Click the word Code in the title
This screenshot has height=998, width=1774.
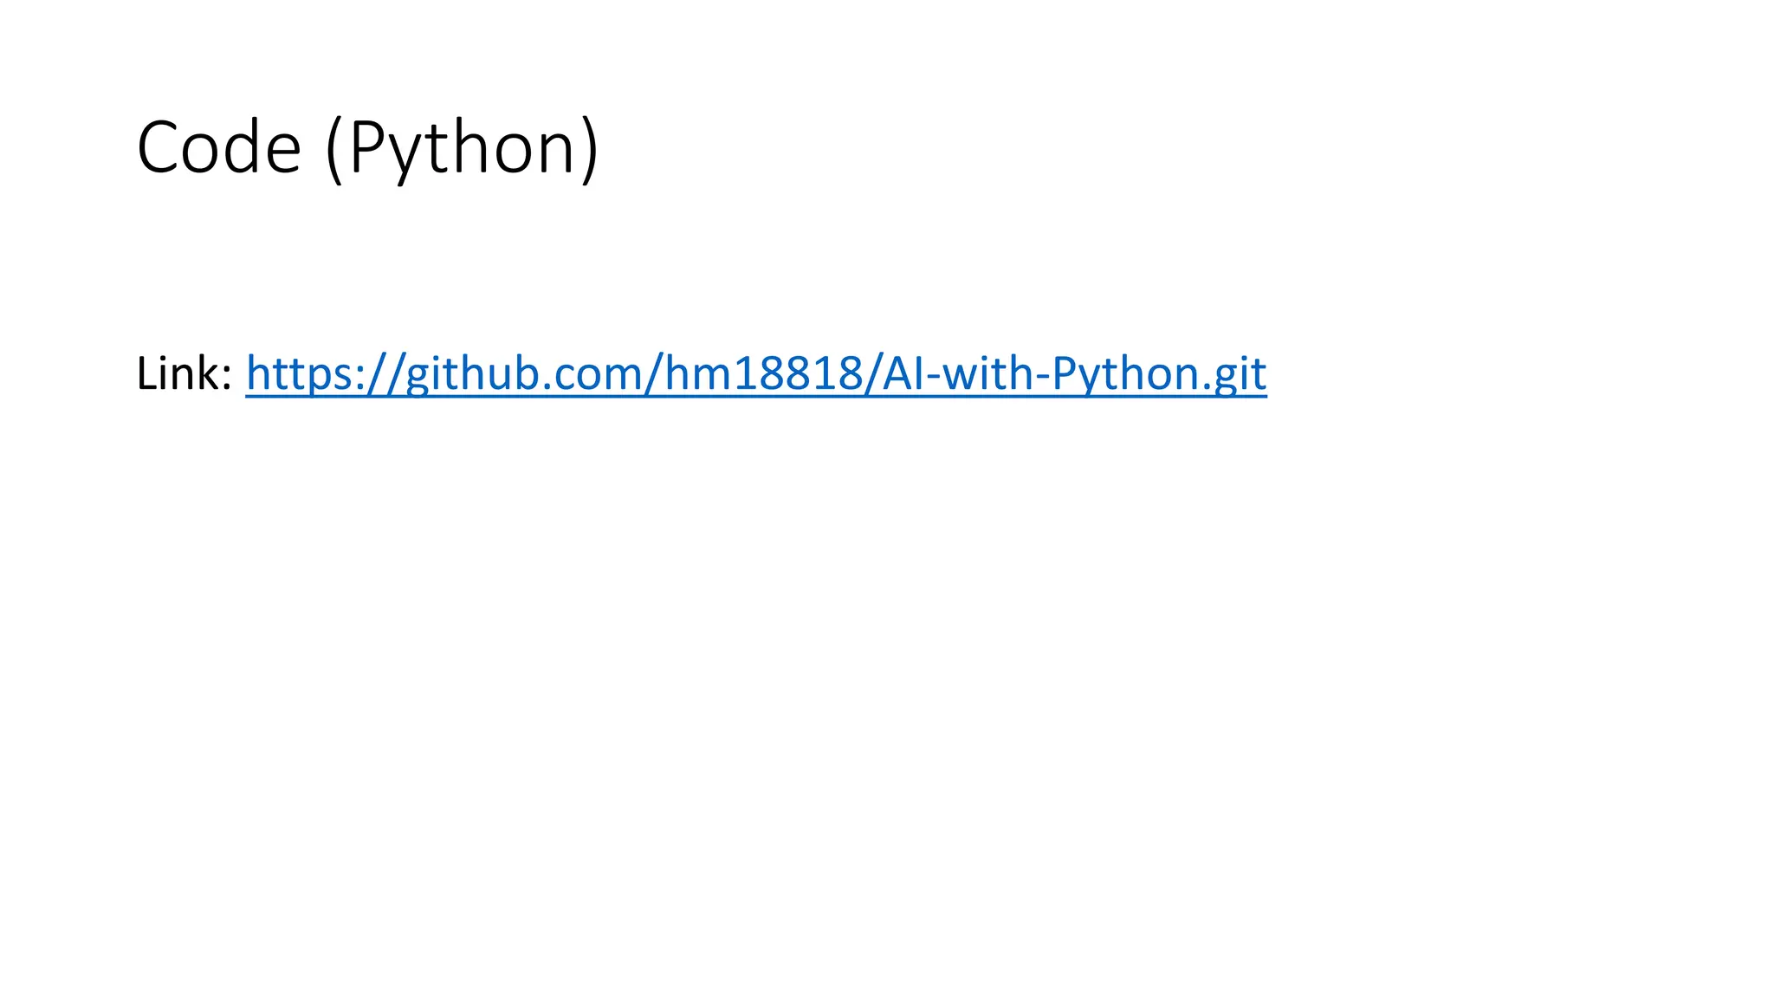218,148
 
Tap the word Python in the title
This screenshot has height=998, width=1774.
462,148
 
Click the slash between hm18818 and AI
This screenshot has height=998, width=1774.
870,374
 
